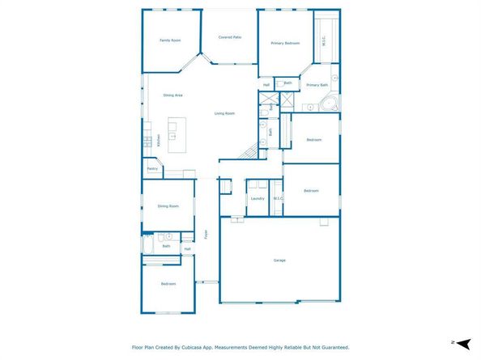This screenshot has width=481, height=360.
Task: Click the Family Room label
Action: click(x=169, y=40)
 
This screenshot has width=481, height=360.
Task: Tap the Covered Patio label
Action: click(x=231, y=37)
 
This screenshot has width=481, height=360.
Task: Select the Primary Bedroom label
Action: click(x=285, y=42)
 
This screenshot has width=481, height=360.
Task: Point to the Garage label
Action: click(x=279, y=260)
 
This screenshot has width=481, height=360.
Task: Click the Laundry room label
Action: click(x=258, y=198)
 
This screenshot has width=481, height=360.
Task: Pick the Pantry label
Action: click(x=152, y=169)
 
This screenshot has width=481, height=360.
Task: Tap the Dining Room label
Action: click(x=168, y=206)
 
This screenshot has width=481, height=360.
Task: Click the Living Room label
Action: click(x=224, y=113)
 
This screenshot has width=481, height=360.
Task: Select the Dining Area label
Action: click(x=173, y=95)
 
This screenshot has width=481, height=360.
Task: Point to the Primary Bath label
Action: click(x=317, y=85)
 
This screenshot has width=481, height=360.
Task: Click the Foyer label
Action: click(x=206, y=235)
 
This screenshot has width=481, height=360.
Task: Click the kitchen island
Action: click(x=173, y=133)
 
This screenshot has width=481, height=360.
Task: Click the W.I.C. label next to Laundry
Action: click(x=278, y=198)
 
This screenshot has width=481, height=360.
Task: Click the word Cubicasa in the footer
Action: click(x=203, y=347)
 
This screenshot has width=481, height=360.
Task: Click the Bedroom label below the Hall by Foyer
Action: click(x=168, y=284)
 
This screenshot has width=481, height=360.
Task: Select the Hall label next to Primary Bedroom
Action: click(x=266, y=85)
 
